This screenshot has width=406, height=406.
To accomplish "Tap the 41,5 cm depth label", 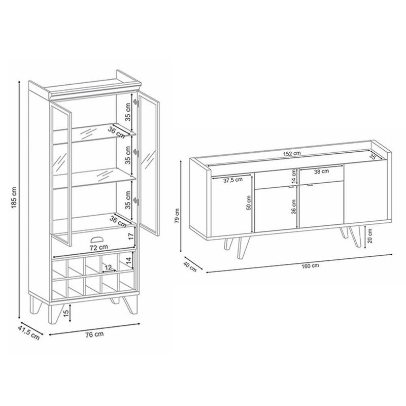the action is point(29,333).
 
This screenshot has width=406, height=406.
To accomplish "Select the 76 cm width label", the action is point(94,334).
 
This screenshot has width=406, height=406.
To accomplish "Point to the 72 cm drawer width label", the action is point(98,248).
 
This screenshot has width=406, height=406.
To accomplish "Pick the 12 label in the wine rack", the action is point(108,267).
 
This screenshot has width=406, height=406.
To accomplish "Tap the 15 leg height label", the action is point(66,313).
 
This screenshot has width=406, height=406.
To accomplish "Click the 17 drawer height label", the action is point(131,236).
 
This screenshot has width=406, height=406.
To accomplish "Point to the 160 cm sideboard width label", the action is point(310,265).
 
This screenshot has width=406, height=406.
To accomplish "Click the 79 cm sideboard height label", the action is point(177,215).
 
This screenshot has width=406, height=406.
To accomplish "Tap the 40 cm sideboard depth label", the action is point(190,267).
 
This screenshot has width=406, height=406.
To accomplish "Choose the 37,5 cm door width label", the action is point(233,180).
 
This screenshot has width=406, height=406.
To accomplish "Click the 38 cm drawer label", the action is point(321,171).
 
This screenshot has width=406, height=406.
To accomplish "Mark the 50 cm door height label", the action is point(249,202).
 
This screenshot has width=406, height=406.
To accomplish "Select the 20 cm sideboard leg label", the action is point(370,235).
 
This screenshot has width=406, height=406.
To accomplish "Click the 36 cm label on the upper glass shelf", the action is point(116,132).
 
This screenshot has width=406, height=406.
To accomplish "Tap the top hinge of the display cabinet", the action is point(136,103).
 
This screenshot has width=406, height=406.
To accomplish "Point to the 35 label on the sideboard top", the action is point(373,156).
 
